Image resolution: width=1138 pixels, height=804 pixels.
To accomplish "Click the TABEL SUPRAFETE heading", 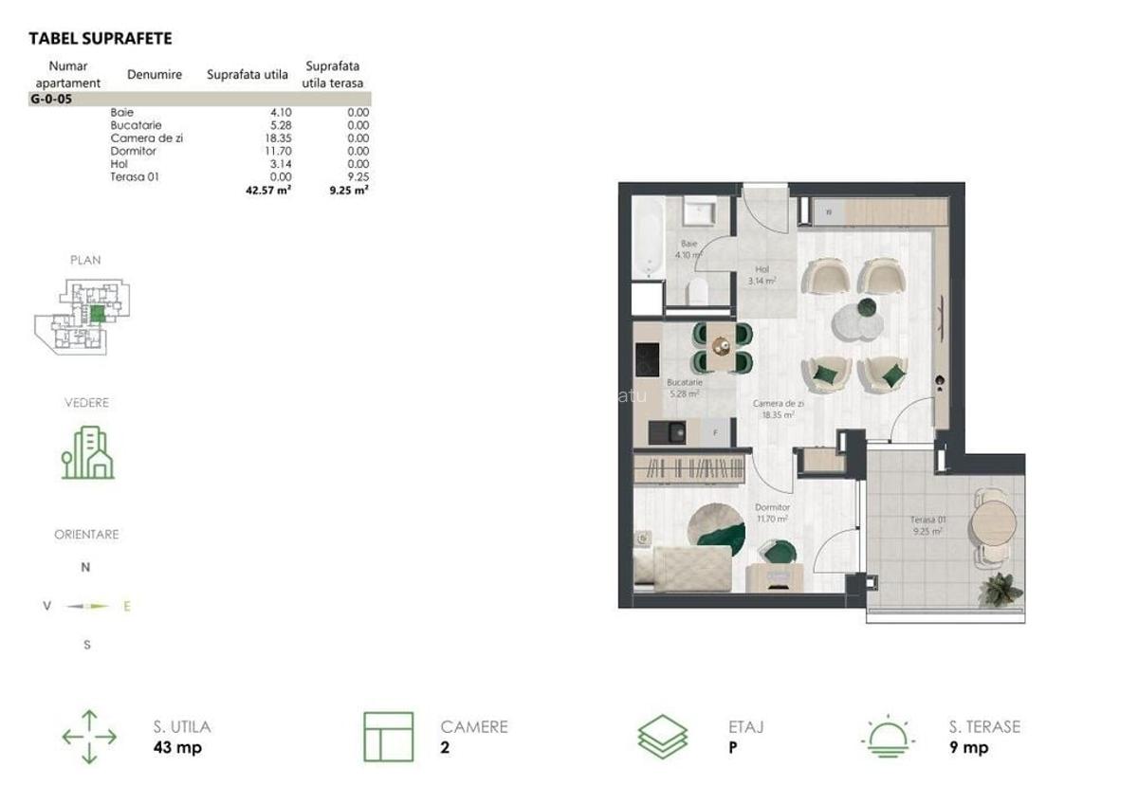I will point(101,39).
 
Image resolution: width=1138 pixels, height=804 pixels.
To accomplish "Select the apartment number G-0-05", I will point(51,98).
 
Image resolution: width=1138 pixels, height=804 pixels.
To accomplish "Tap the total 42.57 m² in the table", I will point(267,190).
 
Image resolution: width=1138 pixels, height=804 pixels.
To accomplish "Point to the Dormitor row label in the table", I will point(134,151).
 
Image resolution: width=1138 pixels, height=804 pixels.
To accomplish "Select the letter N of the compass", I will point(85,568).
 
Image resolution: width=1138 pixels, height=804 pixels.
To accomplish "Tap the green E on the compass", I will point(127,606).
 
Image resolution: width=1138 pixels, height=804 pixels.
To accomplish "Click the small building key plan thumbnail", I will point(83,318).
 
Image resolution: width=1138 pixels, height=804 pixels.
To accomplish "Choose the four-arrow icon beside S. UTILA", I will point(89,737).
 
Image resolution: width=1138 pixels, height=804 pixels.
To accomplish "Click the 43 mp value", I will point(177,748).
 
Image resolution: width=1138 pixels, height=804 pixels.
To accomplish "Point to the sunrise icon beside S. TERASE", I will point(888,736).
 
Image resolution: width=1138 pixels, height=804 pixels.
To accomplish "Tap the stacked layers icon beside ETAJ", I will point(663,736).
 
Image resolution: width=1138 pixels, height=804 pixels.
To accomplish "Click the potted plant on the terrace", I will point(1000,589).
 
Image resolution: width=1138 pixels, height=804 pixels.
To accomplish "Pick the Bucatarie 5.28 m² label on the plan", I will point(683,388).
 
